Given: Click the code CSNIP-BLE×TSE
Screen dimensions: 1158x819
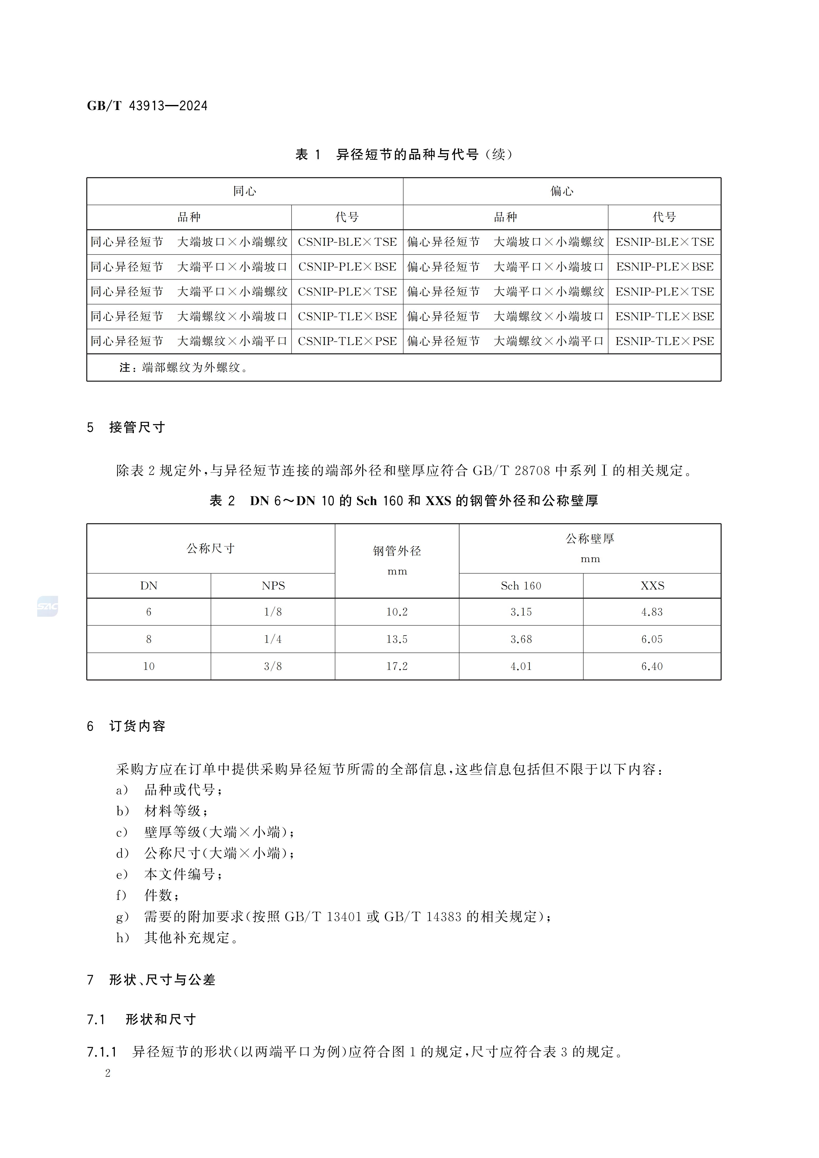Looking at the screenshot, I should [347, 242].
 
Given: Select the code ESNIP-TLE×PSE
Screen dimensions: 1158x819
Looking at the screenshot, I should [664, 341].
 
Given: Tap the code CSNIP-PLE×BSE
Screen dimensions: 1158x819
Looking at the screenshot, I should [347, 267].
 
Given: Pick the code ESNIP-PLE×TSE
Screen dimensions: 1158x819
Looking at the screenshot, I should [664, 292].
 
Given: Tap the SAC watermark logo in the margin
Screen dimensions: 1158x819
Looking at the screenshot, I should [47, 606].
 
